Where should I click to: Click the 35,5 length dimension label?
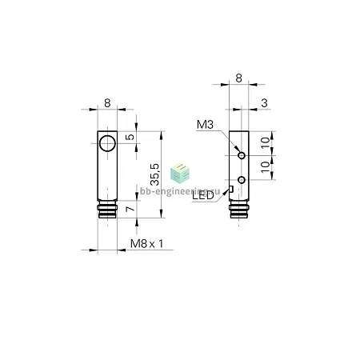click(154, 174)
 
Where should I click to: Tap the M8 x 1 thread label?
click(146, 243)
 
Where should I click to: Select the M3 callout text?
click(205, 125)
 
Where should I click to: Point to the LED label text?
click(203, 196)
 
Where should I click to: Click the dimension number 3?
click(264, 102)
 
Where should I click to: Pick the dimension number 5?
click(130, 137)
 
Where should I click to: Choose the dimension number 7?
click(130, 208)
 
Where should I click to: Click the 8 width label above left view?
click(107, 102)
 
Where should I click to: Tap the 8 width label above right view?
click(238, 78)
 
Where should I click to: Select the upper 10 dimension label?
click(266, 143)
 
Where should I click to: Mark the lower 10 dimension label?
click(266, 167)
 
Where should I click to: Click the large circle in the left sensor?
click(107, 143)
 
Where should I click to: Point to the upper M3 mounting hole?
click(242, 155)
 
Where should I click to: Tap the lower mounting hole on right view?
click(242, 180)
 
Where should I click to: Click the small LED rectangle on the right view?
click(231, 189)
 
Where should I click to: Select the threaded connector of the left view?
click(107, 210)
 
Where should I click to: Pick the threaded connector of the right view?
click(239, 210)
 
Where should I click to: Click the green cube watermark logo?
click(180, 174)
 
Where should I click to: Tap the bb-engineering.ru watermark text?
click(180, 191)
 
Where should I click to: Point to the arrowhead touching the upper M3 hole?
click(237, 150)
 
